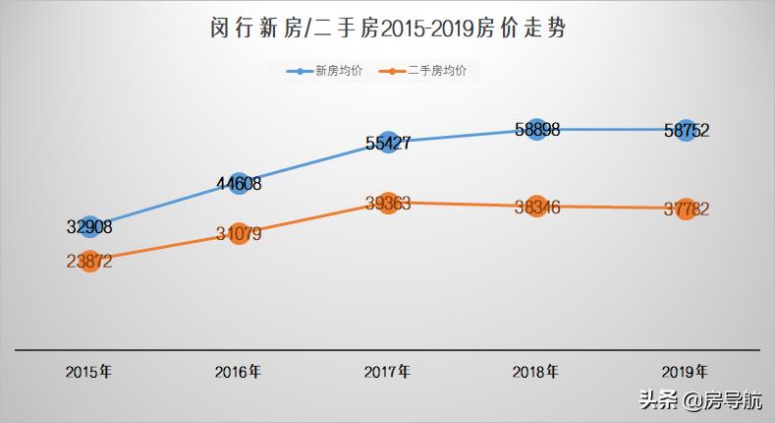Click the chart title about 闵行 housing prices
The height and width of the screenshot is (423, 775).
tap(387, 30)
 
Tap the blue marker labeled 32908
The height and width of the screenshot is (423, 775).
tap(89, 226)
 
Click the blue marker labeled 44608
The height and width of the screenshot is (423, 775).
tap(239, 183)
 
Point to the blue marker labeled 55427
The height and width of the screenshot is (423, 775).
tap(388, 142)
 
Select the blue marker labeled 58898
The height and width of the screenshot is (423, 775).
tap(536, 129)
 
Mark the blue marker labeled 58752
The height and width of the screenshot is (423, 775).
tap(686, 130)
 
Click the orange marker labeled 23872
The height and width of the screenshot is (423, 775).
tap(89, 262)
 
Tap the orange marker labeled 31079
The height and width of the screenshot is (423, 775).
tap(239, 233)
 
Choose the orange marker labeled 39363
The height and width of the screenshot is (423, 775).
tap(388, 203)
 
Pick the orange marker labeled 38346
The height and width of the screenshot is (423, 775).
tap(536, 207)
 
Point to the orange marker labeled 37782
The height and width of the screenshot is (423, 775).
tap(686, 209)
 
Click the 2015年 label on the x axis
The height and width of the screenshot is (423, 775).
tap(88, 373)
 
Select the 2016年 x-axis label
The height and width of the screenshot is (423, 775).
tap(238, 373)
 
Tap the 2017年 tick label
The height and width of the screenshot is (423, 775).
tap(387, 373)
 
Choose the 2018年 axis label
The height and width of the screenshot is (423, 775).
tap(536, 373)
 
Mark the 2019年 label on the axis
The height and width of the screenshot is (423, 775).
tap(685, 373)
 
